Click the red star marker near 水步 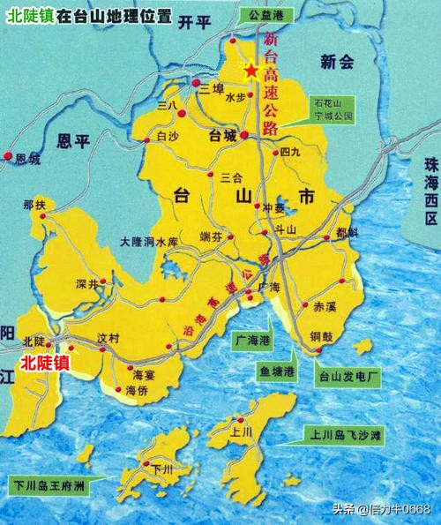[251, 69]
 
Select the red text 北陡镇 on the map [43, 362]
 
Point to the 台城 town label [223, 137]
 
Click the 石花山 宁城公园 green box [333, 109]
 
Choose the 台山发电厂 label [348, 377]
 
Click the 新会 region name [336, 62]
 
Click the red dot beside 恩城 [9, 156]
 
